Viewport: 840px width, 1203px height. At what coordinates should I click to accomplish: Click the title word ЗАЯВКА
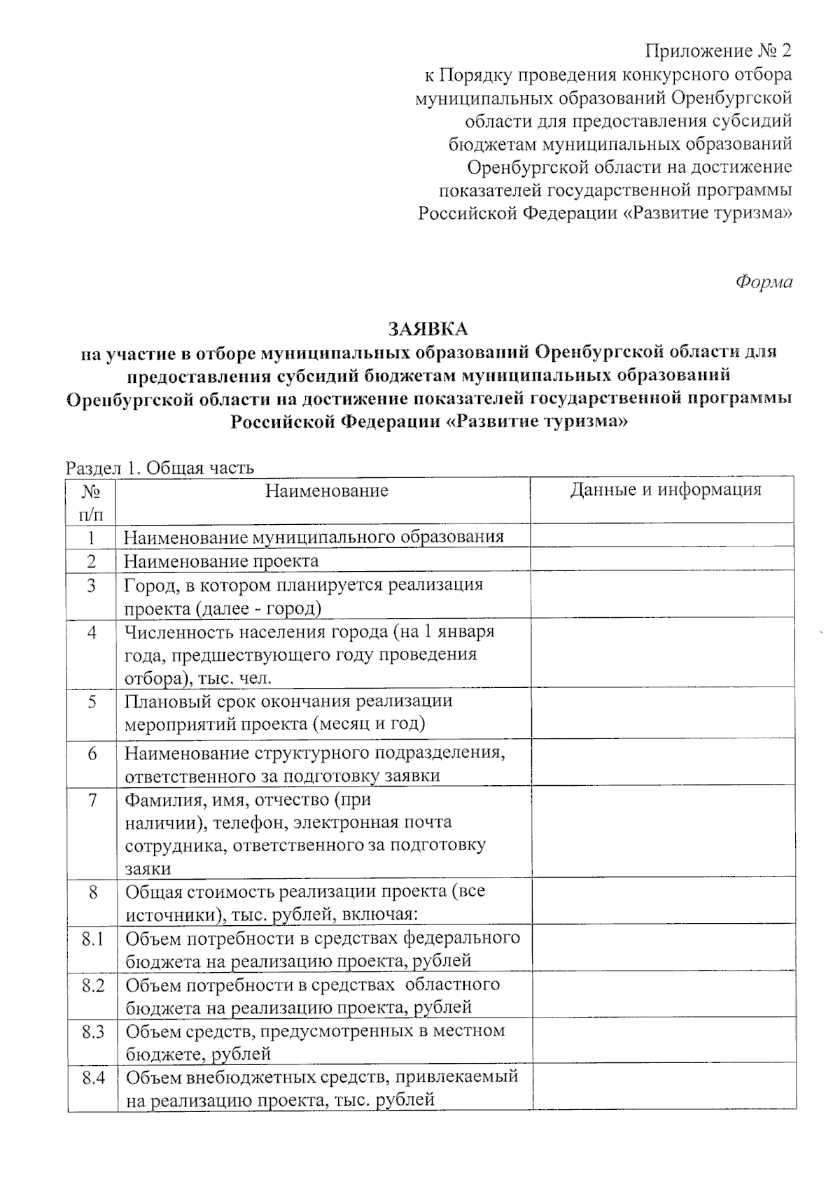428,328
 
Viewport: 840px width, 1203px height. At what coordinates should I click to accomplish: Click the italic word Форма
764,282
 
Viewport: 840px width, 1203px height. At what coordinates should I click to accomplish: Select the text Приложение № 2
718,51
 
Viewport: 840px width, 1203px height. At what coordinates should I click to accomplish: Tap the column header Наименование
326,491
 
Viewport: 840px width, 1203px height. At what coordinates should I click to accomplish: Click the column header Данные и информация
665,489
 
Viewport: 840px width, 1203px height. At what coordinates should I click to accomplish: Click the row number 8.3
92,1032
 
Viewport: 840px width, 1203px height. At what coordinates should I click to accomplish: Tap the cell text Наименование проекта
221,561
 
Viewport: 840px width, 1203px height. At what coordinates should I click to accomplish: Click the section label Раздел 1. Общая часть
160,468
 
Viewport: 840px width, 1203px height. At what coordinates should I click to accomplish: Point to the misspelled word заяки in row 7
148,868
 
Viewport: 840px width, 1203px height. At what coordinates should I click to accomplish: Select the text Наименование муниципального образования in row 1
314,537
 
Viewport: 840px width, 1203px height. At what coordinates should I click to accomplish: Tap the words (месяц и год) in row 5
367,723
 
